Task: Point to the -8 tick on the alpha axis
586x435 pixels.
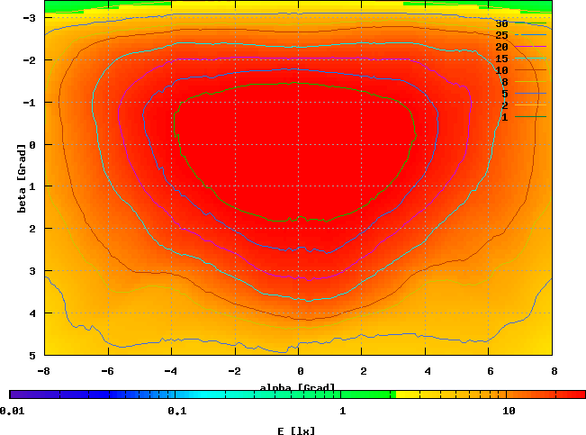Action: (x=43, y=370)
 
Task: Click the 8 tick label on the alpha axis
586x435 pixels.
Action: (x=554, y=370)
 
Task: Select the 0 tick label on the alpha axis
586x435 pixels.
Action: (x=300, y=370)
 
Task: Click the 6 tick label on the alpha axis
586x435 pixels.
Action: (x=491, y=370)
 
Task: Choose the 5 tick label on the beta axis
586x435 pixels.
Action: (x=32, y=355)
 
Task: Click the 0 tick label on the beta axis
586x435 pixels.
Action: (x=32, y=144)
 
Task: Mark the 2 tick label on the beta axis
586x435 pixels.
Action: (x=32, y=229)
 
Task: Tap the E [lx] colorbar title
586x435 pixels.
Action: (x=296, y=430)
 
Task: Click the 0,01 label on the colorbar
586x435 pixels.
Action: (x=12, y=412)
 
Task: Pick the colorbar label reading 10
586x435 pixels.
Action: (x=509, y=412)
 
